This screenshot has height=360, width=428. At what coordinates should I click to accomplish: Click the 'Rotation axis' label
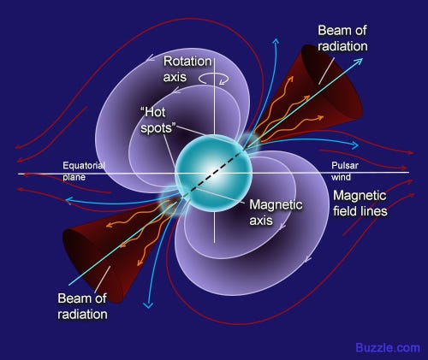tap(187, 69)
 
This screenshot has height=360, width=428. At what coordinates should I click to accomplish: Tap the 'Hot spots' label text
tap(158, 121)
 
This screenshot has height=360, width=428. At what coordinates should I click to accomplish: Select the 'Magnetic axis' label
tap(276, 212)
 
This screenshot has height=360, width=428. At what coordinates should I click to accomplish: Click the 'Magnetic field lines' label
tap(360, 204)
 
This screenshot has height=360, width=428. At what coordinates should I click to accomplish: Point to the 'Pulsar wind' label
tap(345, 171)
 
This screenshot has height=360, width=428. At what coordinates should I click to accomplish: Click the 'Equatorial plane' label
tap(84, 171)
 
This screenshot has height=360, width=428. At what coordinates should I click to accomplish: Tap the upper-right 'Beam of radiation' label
tap(342, 38)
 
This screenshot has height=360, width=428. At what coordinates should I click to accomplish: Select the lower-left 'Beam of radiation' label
tap(82, 306)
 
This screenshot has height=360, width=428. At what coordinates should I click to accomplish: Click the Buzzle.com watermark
tap(388, 348)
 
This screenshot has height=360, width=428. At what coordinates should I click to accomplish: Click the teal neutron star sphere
tap(213, 174)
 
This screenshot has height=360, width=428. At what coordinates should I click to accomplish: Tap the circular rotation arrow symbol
tap(213, 79)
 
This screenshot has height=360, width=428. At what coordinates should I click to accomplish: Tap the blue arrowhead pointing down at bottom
tap(148, 305)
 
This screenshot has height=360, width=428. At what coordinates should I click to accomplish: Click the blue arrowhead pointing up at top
tap(276, 42)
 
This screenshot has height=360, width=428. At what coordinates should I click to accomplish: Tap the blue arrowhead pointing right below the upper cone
tap(355, 145)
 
